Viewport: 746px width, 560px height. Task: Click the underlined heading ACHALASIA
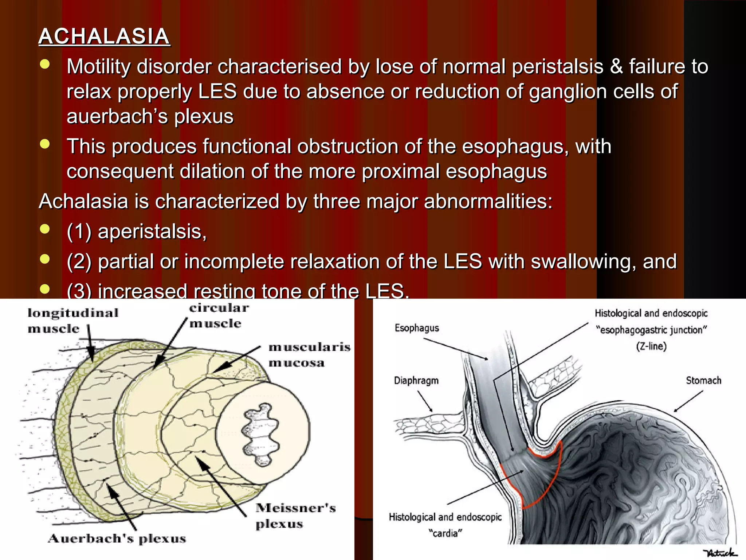pos(104,36)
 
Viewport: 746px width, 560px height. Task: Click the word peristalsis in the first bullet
pos(557,67)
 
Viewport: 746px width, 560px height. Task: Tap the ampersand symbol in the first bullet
pos(616,67)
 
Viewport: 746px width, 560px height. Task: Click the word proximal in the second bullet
pos(401,171)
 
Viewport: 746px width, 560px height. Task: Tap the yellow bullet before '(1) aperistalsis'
pos(45,229)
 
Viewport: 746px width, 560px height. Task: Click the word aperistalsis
pos(152,232)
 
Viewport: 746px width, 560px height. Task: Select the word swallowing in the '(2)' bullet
pos(583,262)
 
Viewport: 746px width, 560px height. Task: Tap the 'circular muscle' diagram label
pos(219,316)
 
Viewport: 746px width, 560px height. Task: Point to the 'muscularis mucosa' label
pos(309,355)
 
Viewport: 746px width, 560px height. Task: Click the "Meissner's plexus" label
pos(295,516)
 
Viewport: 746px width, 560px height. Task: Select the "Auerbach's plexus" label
pos(117,538)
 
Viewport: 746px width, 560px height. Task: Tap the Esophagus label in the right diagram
pos(417,328)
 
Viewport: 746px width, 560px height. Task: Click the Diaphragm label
pos(416,381)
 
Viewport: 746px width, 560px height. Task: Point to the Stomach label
pos(703,381)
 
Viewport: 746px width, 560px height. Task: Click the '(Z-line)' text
pos(651,346)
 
